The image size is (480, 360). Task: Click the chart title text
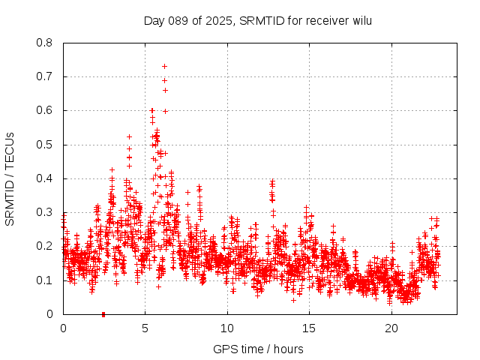[x=258, y=21]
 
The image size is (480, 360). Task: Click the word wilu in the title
[x=360, y=21]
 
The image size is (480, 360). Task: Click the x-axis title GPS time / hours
[x=258, y=349]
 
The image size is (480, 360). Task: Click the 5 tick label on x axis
[x=145, y=328]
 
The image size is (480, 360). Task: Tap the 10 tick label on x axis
[x=227, y=328]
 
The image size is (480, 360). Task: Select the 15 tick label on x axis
[x=309, y=328]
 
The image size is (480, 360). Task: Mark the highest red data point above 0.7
[x=164, y=66]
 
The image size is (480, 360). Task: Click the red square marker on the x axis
[x=103, y=313]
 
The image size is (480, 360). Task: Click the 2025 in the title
[x=218, y=21]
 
